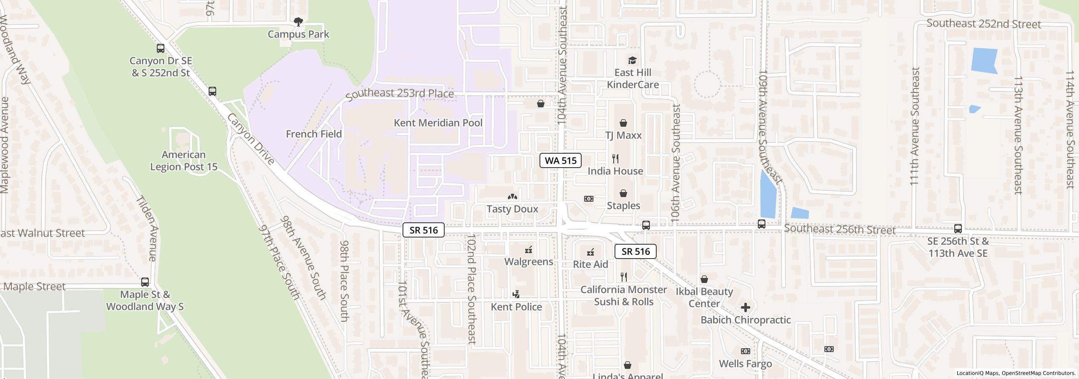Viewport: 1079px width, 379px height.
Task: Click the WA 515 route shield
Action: click(x=560, y=160)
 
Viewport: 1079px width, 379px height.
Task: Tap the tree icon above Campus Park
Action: click(x=298, y=21)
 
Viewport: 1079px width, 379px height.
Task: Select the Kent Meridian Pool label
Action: click(x=438, y=123)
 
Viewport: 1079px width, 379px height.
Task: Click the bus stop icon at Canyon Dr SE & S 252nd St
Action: click(x=161, y=48)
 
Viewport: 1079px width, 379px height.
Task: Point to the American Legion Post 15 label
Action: click(x=184, y=161)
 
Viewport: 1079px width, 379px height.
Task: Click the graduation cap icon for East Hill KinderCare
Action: click(x=632, y=60)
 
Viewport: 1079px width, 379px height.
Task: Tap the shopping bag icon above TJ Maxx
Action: click(x=623, y=123)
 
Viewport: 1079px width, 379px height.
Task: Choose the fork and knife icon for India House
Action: click(x=615, y=159)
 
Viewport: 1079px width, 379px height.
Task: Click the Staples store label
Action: click(x=623, y=206)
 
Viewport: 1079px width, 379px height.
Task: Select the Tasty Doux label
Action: click(x=512, y=209)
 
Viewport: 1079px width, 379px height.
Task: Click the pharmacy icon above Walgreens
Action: click(x=529, y=250)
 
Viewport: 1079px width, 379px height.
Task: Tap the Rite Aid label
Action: click(x=590, y=264)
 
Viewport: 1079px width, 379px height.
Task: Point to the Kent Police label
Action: click(x=516, y=307)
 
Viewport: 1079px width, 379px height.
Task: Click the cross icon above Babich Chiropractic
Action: click(x=745, y=307)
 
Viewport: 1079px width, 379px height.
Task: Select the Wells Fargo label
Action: click(x=745, y=364)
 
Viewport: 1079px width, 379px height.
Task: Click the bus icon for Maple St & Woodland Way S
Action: click(x=145, y=282)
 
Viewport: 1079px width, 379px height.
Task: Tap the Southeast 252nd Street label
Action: click(x=983, y=24)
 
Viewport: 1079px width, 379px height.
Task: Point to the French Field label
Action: click(x=314, y=134)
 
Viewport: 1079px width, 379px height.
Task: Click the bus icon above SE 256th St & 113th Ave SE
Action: click(x=958, y=229)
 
